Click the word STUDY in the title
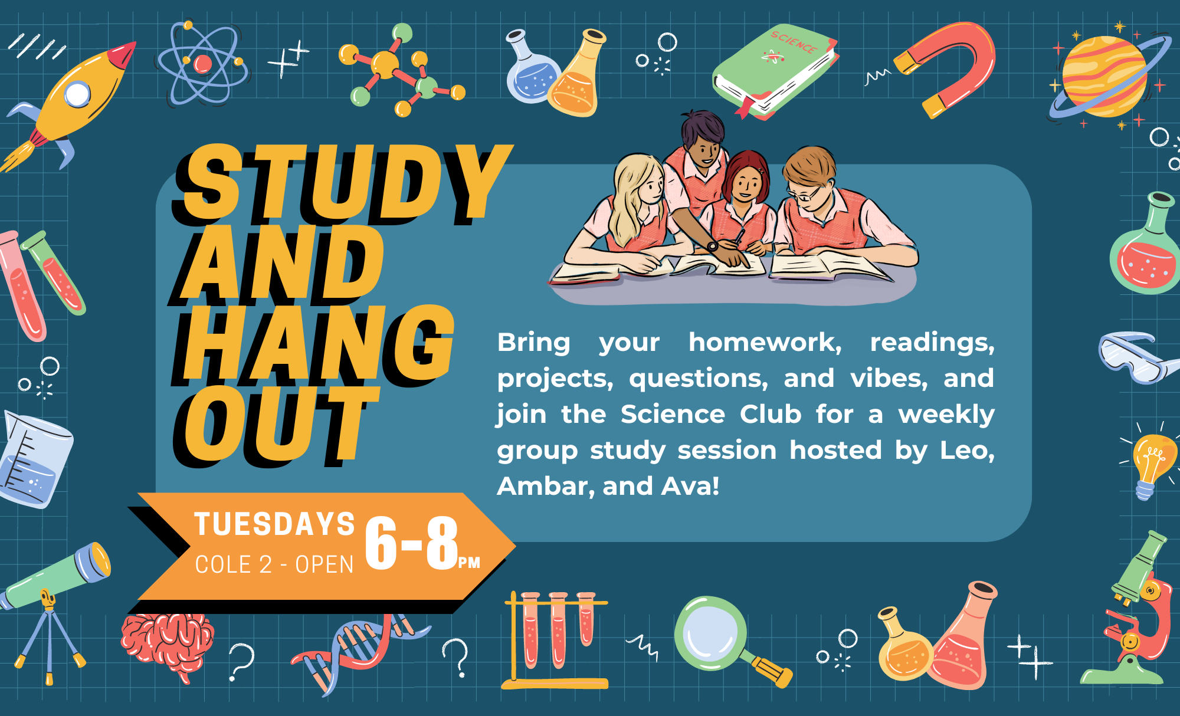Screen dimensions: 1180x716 pos(342,184)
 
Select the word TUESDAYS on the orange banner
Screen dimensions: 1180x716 pos(275,524)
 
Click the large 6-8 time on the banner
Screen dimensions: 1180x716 pos(412,543)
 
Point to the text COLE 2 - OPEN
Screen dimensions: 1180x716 pos(274,564)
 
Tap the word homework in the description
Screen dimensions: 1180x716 pos(765,342)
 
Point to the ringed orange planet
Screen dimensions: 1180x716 pos(1104,77)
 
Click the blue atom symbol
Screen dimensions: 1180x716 pos(202,64)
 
